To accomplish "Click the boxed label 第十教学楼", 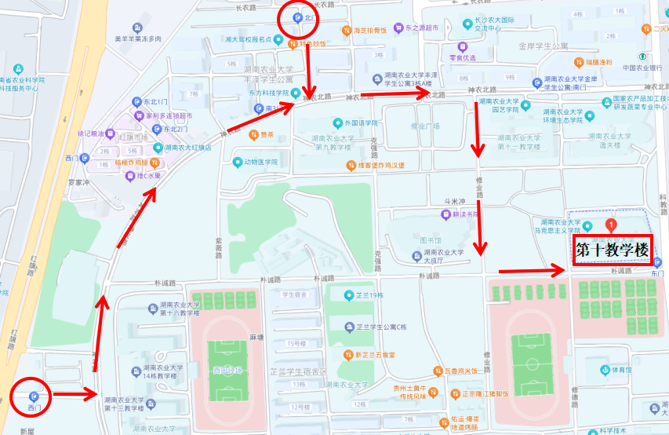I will [x=613, y=250].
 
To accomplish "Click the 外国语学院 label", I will [x=361, y=123].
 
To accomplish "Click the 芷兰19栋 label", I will [x=369, y=295].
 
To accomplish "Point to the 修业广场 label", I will [x=426, y=126].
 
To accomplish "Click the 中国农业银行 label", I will [x=642, y=68].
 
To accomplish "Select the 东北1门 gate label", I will [x=155, y=102].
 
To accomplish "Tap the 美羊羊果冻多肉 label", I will [x=137, y=38].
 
